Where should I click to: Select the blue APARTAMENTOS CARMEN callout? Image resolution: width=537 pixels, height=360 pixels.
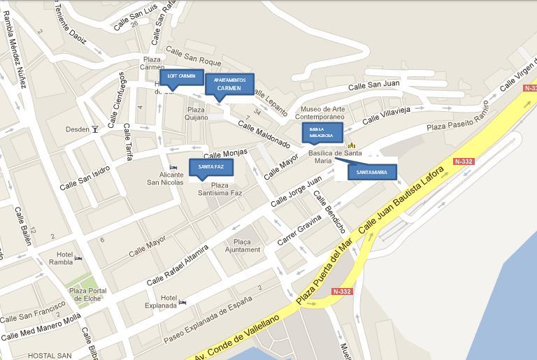click(x=229, y=85)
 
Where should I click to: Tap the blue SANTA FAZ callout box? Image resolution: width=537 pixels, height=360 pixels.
click(x=210, y=168)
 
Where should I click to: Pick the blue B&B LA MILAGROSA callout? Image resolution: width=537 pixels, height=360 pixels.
click(x=322, y=133)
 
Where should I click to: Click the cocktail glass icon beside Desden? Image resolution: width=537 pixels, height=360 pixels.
click(x=95, y=129)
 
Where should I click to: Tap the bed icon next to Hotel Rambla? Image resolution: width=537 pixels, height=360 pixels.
click(x=78, y=258)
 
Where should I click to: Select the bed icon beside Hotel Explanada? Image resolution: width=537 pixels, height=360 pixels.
click(x=182, y=302)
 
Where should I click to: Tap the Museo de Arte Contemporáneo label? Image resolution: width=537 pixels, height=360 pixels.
click(x=323, y=113)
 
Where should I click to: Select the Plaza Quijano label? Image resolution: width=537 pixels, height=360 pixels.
click(x=196, y=113)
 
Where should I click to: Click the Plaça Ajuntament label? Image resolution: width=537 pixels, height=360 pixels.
click(x=243, y=245)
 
